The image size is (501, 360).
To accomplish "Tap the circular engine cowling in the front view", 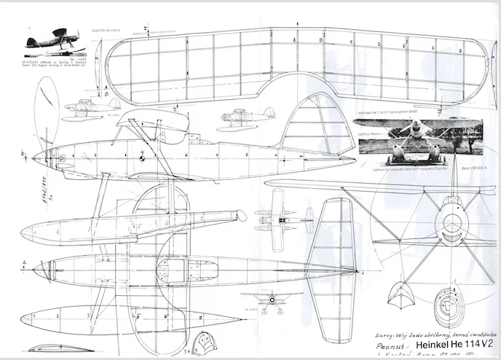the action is coord(451,226).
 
